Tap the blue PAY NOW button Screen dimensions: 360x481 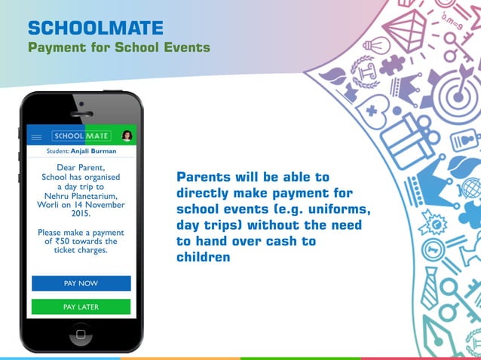(x=81, y=283)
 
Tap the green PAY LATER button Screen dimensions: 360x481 (x=81, y=307)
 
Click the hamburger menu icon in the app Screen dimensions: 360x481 (x=36, y=136)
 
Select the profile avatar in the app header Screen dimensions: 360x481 (x=127, y=136)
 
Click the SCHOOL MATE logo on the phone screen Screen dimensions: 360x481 (x=81, y=136)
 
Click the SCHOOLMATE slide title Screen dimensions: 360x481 (x=95, y=29)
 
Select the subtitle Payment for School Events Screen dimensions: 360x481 (x=118, y=48)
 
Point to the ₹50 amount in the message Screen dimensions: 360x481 (x=63, y=242)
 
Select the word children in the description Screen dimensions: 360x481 (x=203, y=258)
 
